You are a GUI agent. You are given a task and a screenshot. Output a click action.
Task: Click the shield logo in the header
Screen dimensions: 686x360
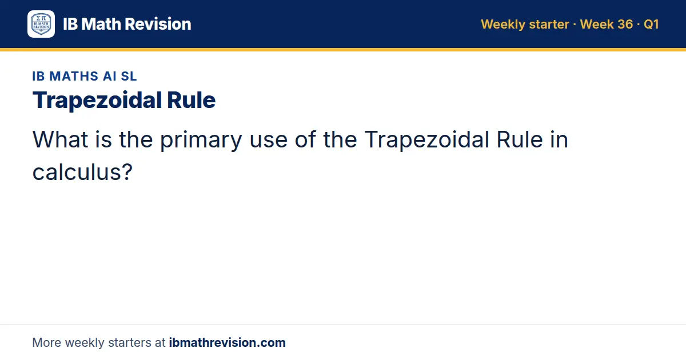(x=41, y=24)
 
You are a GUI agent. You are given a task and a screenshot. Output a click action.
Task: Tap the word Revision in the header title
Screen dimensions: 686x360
(x=158, y=24)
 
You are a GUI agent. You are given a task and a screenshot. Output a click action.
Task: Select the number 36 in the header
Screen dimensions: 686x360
(x=625, y=24)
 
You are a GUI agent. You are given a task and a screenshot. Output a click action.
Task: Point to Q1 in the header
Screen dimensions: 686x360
(x=651, y=24)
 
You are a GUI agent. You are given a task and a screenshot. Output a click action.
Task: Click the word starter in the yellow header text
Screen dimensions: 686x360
(x=549, y=25)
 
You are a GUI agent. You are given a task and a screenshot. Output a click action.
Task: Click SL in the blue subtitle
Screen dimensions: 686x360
(x=129, y=76)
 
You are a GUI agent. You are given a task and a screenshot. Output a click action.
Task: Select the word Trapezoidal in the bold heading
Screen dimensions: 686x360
(x=97, y=100)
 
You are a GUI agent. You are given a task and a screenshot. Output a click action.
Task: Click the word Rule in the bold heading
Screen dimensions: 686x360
(x=191, y=100)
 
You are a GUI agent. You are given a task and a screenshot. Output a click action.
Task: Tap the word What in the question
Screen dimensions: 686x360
(x=61, y=139)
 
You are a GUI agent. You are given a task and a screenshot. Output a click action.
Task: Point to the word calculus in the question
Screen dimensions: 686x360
(x=77, y=172)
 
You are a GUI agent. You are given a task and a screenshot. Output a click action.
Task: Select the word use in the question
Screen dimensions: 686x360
(x=269, y=142)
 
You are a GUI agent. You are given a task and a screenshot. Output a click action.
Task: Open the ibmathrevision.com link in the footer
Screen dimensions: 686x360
(x=228, y=342)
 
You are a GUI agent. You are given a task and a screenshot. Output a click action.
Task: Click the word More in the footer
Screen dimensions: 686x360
(x=46, y=342)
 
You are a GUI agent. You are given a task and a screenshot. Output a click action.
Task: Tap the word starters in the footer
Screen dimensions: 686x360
(x=130, y=343)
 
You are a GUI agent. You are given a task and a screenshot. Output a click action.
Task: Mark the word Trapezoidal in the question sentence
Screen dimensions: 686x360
(x=427, y=140)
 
